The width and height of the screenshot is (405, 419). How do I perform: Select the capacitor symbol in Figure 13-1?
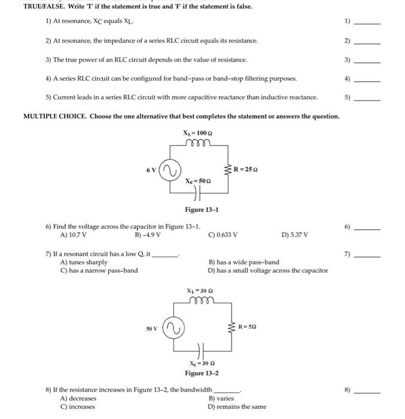click(x=197, y=193)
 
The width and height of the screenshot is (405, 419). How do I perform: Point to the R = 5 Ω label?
click(x=248, y=327)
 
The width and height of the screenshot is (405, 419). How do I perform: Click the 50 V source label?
click(x=153, y=328)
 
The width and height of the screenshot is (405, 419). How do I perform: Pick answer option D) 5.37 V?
click(x=294, y=235)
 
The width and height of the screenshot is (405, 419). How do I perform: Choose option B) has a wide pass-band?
click(x=243, y=262)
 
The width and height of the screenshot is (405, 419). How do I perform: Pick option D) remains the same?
click(x=237, y=407)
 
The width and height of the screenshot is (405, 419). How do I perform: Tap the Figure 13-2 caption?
click(x=202, y=373)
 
